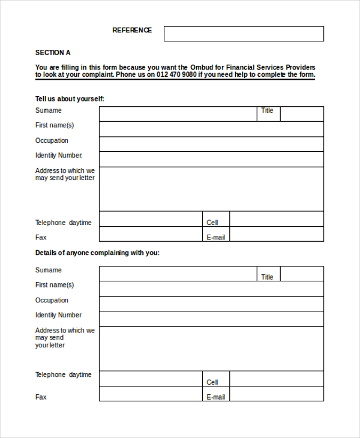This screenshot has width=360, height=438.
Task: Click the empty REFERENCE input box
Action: (244, 34)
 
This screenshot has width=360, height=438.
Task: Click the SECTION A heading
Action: (53, 53)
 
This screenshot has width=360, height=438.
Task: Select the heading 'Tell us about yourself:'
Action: (74, 99)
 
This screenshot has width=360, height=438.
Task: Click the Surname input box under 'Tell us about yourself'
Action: (178, 114)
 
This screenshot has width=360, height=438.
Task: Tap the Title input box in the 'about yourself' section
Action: (302, 114)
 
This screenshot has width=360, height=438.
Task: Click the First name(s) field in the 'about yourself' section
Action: (211, 129)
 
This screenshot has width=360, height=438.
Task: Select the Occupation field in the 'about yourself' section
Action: (211, 144)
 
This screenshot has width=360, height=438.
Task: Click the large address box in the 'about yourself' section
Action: (211, 189)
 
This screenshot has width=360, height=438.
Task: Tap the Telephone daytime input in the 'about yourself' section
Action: (151, 219)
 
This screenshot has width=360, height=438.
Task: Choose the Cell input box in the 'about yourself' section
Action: (276, 219)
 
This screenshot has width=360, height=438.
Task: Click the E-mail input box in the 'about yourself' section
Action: (276, 234)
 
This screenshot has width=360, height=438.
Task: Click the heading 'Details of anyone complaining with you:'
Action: (97, 253)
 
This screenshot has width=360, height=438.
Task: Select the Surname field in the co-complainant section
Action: (178, 274)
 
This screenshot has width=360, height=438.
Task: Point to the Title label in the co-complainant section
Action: (267, 277)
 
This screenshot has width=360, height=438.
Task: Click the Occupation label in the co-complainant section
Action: (52, 300)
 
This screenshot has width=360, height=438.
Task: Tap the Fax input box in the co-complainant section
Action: (151, 394)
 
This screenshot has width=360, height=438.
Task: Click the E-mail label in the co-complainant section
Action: (216, 397)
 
